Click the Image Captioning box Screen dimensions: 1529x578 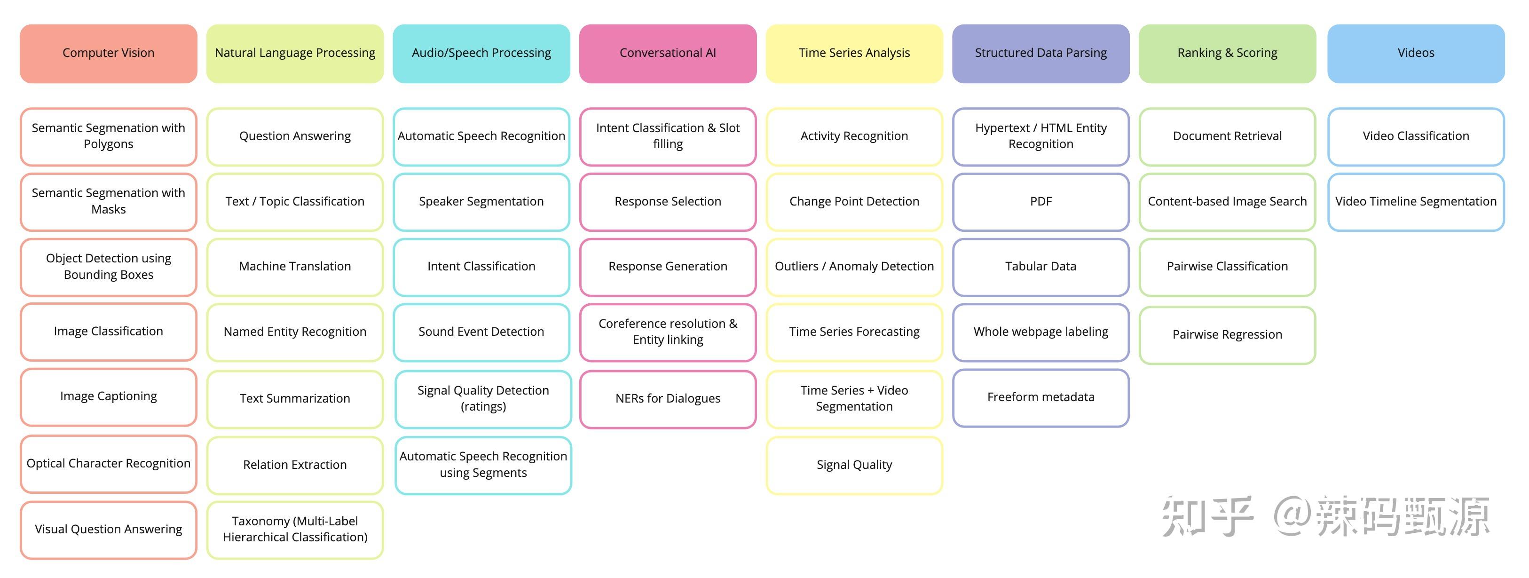coord(109,397)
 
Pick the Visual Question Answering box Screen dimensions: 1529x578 coord(109,530)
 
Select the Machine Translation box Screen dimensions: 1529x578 coord(295,267)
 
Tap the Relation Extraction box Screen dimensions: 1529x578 coord(295,465)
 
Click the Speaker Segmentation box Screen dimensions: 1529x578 coord(481,202)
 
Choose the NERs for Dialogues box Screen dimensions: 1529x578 coord(668,399)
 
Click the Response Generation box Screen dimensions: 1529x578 coord(668,267)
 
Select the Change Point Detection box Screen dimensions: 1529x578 coord(854,202)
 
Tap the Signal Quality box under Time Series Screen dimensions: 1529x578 coord(854,465)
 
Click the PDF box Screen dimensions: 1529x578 coord(1041,202)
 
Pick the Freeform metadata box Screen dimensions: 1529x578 coord(1041,397)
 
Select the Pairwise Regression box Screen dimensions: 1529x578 coord(1228,335)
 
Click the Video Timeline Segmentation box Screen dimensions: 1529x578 coord(1416,202)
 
